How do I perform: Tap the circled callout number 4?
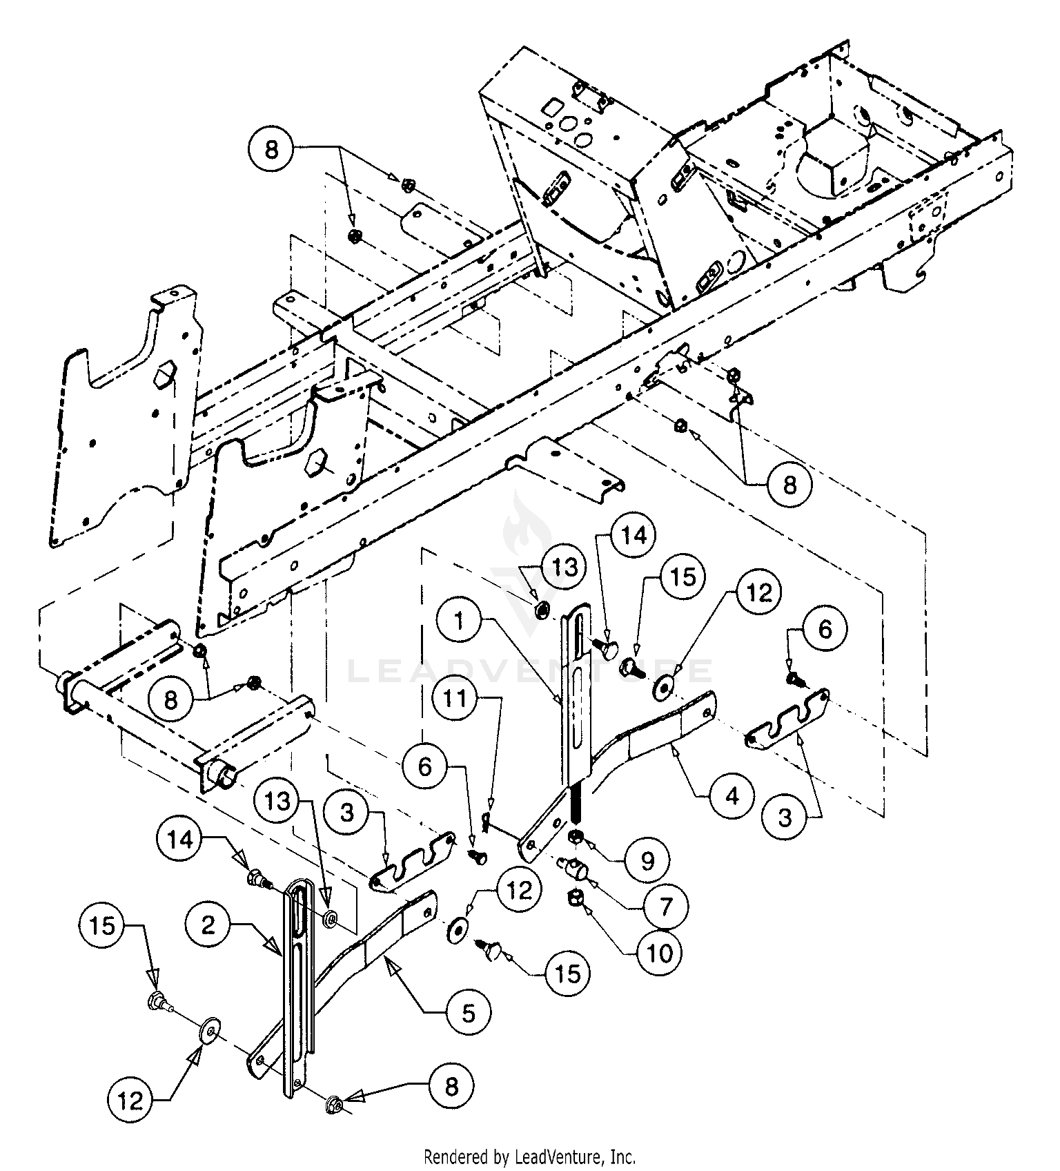(732, 796)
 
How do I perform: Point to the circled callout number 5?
(469, 1013)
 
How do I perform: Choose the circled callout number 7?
(666, 906)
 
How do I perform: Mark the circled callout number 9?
(647, 860)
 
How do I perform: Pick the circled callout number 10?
(660, 954)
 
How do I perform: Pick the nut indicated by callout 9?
(574, 838)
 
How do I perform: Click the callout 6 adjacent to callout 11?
(425, 766)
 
